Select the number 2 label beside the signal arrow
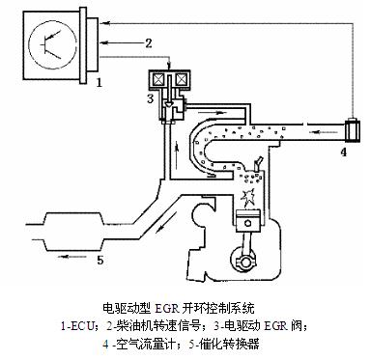point(149,43)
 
